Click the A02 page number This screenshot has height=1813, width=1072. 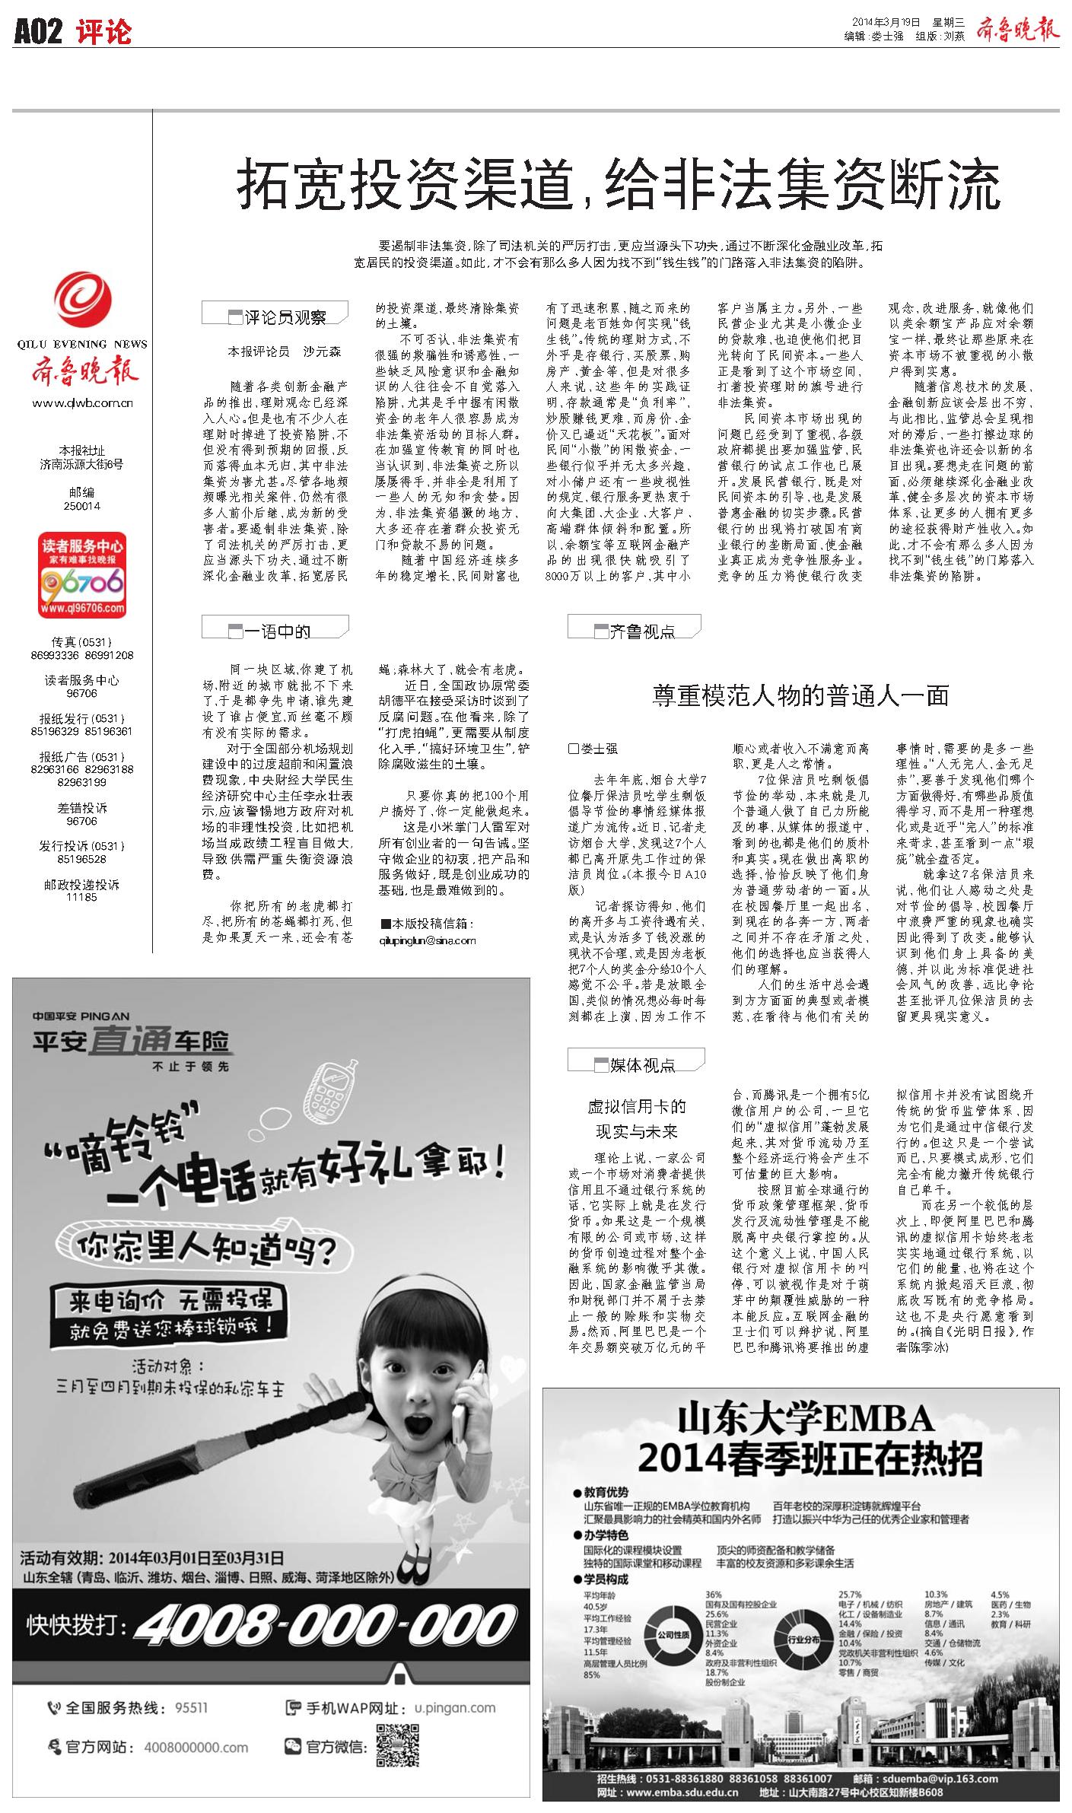(x=37, y=31)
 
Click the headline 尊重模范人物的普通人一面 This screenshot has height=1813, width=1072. (x=800, y=695)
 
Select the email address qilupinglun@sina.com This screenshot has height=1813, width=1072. (x=428, y=940)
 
